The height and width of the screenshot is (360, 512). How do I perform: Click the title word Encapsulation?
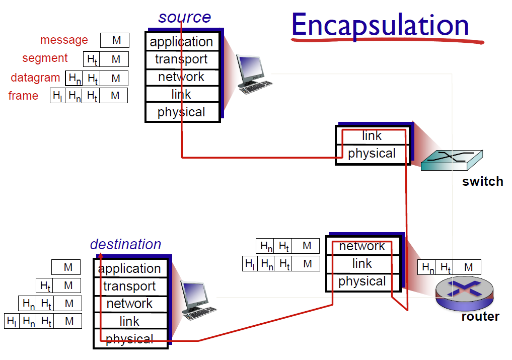tap(380, 26)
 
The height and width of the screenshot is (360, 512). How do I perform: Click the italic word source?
tap(184, 17)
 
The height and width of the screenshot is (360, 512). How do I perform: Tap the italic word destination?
tap(126, 244)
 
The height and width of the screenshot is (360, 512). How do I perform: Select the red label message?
tap(64, 40)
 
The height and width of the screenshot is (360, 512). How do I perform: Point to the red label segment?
tap(45, 58)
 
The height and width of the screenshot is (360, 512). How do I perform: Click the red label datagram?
tap(35, 78)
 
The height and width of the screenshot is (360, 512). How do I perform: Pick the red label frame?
tap(23, 96)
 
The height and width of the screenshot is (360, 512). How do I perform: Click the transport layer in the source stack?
tap(182, 60)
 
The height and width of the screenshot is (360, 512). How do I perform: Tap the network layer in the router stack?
tap(363, 246)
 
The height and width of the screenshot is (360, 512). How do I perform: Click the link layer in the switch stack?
tap(372, 135)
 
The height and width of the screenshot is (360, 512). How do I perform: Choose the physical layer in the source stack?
tap(182, 112)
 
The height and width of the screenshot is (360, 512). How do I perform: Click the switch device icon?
tap(452, 160)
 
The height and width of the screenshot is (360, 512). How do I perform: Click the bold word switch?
tap(483, 182)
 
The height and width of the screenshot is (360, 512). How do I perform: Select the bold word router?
tap(480, 317)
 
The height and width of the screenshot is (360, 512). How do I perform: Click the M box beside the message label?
tap(115, 40)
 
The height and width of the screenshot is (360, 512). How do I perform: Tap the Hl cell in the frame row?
tap(57, 96)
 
